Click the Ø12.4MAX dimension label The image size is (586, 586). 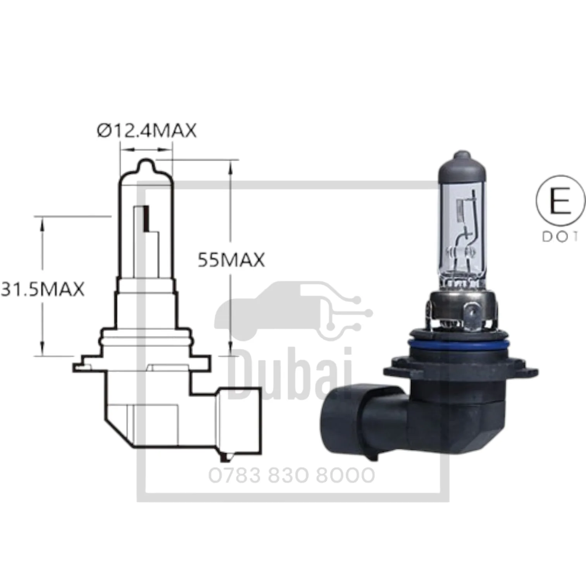[x=146, y=130]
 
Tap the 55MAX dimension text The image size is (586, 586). [x=231, y=260]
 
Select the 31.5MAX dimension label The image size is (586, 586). [x=43, y=289]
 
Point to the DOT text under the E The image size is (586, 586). [x=560, y=237]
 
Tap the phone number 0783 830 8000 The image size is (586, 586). [x=292, y=476]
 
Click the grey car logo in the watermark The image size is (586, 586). [x=293, y=311]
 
